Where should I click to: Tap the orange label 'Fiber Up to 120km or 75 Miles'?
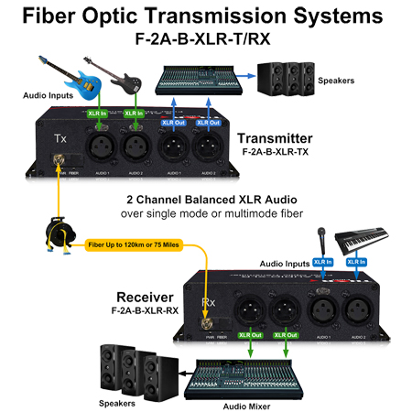[133, 245]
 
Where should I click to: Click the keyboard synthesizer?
[366, 242]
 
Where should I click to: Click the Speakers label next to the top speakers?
[336, 80]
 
